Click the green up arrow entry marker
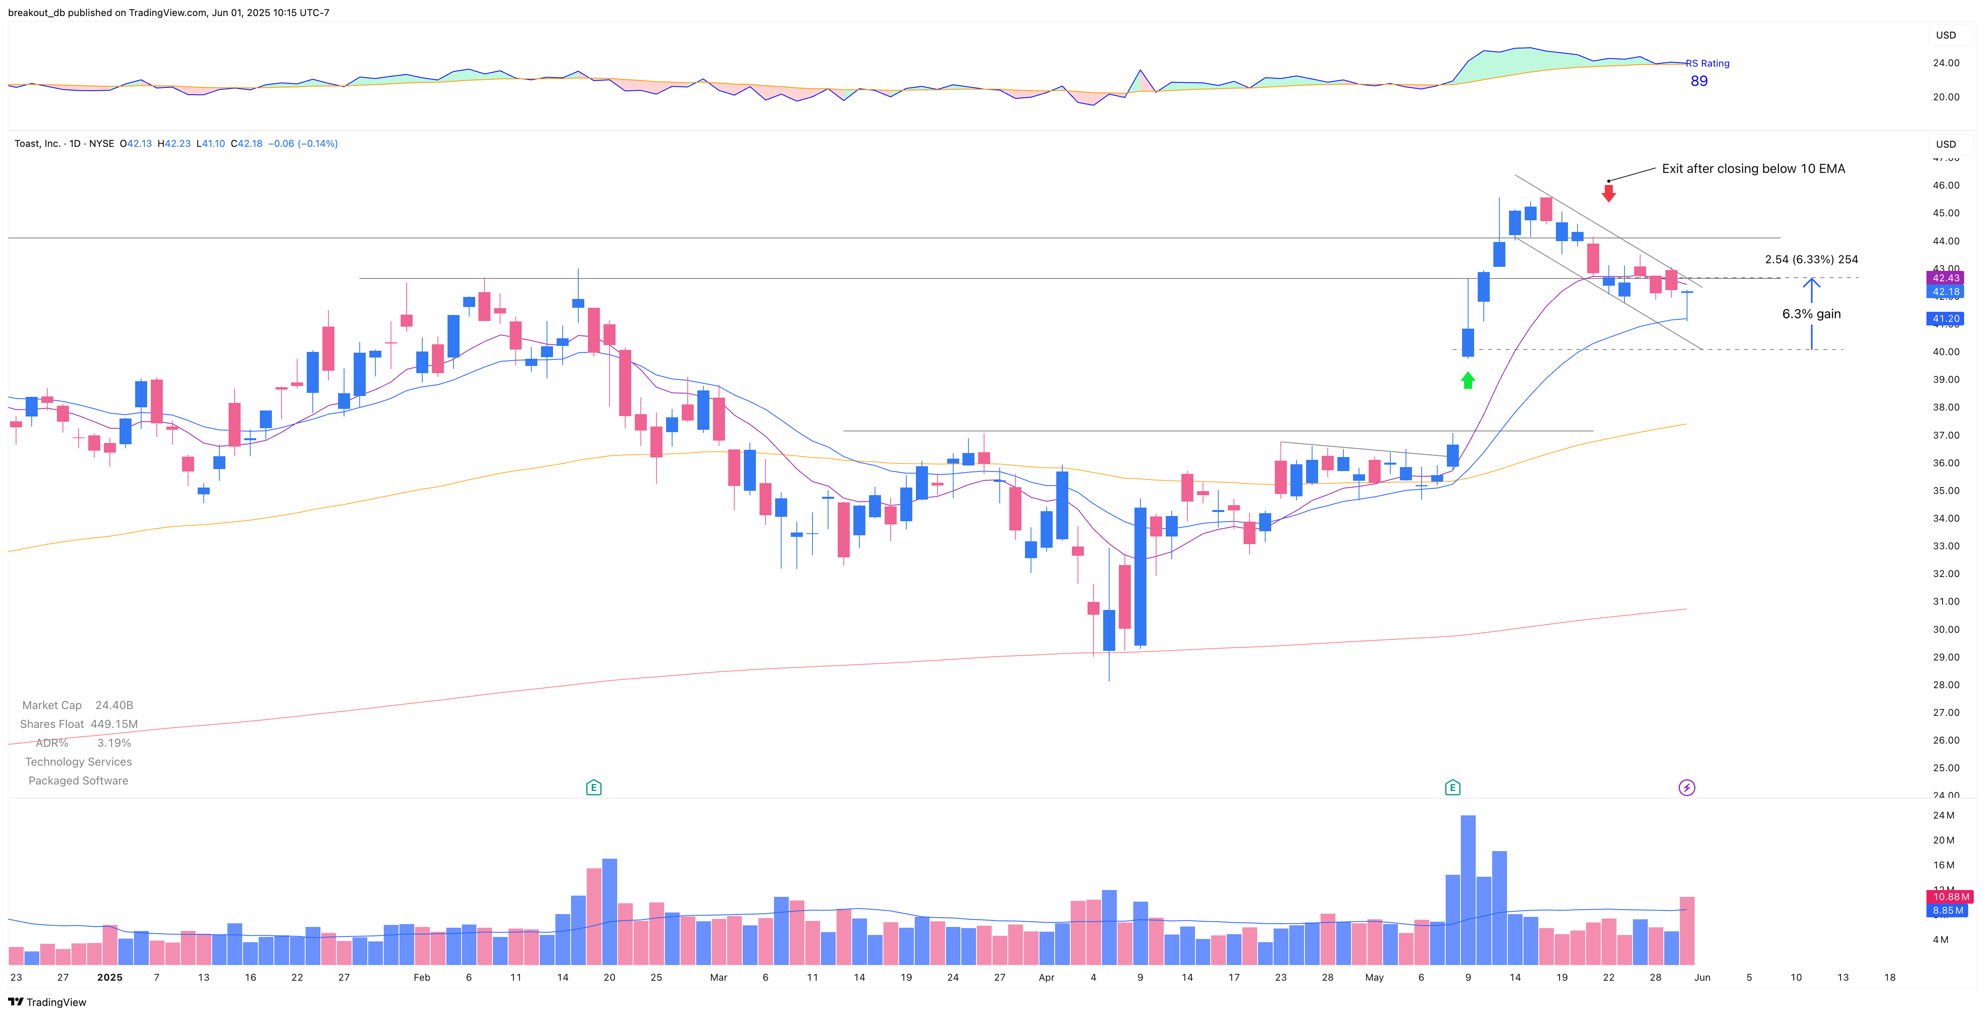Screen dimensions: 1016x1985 pyautogui.click(x=1467, y=380)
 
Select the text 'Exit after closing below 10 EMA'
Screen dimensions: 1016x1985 pyautogui.click(x=1753, y=169)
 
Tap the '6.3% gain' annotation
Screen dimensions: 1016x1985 pyautogui.click(x=1811, y=314)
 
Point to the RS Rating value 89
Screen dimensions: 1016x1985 pyautogui.click(x=1698, y=81)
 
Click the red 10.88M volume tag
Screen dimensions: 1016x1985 pyautogui.click(x=1950, y=896)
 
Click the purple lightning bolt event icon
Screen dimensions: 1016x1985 pyautogui.click(x=1686, y=787)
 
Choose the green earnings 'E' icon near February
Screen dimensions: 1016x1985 pyautogui.click(x=593, y=787)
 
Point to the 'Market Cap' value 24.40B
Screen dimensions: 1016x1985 pyautogui.click(x=114, y=705)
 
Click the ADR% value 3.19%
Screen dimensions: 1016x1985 pyautogui.click(x=114, y=743)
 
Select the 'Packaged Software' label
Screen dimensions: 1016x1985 pyautogui.click(x=79, y=781)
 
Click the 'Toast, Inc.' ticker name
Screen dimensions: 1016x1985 pyautogui.click(x=37, y=143)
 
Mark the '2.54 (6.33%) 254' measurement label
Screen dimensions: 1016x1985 pyautogui.click(x=1811, y=260)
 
